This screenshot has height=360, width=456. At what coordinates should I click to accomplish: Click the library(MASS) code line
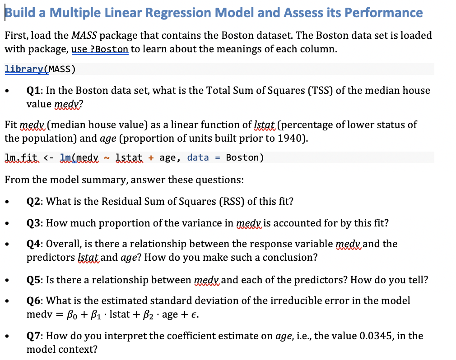40,69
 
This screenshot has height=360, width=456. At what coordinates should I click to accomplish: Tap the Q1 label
34,90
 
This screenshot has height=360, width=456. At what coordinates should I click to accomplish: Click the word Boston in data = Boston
242,157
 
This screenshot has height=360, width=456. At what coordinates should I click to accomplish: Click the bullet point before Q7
9,337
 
